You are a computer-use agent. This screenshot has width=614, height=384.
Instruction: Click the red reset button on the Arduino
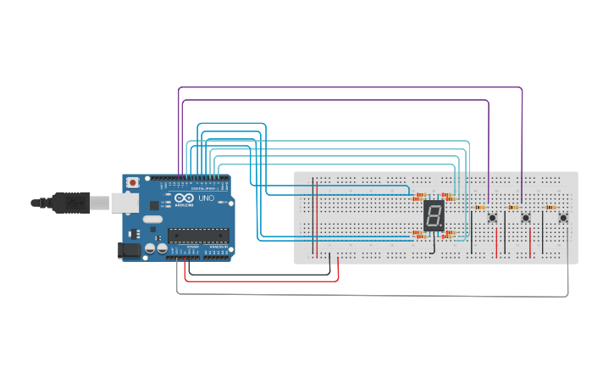[x=132, y=182]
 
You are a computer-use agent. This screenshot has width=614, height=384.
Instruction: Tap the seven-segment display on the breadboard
[x=434, y=216]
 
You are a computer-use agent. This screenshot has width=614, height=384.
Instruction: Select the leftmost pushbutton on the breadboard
[x=492, y=218]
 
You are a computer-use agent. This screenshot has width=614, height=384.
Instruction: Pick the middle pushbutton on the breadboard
[x=526, y=218]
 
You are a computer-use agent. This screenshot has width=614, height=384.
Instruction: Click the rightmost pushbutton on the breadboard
[x=563, y=218]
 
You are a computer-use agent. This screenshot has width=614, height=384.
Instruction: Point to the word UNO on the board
[x=206, y=198]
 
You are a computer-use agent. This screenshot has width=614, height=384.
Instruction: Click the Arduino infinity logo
[x=180, y=198]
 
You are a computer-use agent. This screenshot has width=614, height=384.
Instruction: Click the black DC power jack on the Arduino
[x=129, y=249]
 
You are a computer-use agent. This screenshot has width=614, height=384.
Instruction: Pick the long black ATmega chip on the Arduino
[x=197, y=235]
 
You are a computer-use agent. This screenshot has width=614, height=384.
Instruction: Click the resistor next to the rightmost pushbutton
[x=550, y=207]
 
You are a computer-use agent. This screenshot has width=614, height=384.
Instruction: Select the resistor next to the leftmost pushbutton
[x=479, y=207]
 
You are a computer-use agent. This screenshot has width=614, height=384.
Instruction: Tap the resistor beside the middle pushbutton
[x=512, y=207]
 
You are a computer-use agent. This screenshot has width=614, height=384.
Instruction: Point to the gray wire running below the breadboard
[x=373, y=295]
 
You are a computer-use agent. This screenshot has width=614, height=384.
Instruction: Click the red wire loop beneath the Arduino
[x=263, y=281]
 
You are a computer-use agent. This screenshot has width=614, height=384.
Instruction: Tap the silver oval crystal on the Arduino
[x=152, y=220]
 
